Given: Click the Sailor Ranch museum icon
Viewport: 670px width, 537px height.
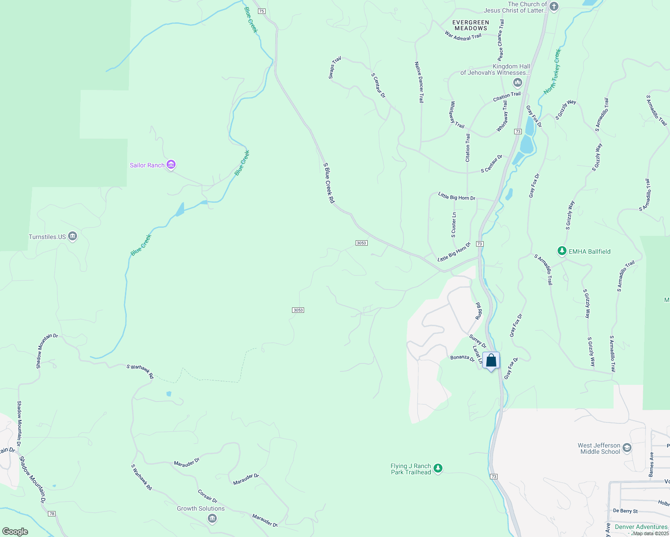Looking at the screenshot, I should point(171,165).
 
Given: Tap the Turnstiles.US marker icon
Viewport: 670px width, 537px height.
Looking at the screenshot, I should point(73,237).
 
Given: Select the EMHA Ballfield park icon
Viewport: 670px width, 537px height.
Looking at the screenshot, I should point(562,251).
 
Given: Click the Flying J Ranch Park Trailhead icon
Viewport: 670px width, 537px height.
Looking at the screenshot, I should point(438,469).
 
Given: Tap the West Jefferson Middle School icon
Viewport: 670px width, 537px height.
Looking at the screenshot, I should point(627,448).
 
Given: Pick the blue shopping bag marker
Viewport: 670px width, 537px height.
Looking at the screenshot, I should point(491,361).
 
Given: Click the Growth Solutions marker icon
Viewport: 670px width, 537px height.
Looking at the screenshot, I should point(212,518).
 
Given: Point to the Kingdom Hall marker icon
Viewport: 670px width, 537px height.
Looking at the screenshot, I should point(518,82).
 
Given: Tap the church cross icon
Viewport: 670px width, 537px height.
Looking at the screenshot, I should point(554,7).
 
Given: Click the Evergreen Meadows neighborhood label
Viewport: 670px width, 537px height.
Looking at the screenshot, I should point(471,25).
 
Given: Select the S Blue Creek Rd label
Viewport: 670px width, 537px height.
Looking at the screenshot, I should point(329,183).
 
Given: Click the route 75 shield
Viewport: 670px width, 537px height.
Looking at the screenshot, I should point(262,11).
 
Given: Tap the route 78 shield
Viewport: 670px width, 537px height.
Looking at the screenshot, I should point(52,514).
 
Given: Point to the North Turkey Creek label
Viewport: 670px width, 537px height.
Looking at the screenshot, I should point(552,72).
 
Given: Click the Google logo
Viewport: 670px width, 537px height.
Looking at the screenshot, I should point(15,532).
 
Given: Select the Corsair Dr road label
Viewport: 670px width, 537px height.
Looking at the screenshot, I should point(208,496).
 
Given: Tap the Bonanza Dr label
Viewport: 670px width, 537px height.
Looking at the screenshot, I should point(462,358).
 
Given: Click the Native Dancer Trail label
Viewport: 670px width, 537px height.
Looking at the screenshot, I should point(419,82).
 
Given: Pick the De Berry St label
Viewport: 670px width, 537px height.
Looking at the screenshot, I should point(625,511).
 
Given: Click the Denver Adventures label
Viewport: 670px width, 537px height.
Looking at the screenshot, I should point(641,527).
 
